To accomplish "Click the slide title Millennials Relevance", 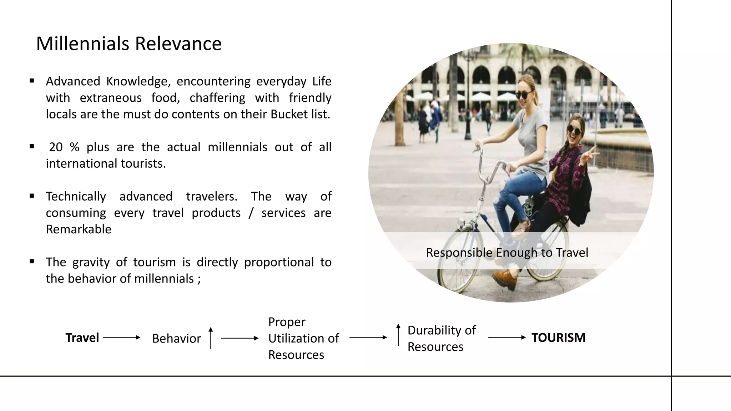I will (129, 44).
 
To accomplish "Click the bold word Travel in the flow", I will (82, 338).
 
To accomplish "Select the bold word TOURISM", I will (558, 338).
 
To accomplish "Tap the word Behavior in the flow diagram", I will (176, 339).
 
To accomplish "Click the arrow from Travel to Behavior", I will (121, 338).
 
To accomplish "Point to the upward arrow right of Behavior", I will (211, 338).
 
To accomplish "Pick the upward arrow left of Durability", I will (398, 335).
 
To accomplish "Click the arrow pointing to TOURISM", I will (507, 338).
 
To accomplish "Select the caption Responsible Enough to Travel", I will (507, 253).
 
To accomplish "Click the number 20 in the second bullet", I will (56, 147).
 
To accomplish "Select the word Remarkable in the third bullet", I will (79, 229).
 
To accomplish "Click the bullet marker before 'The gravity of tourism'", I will (32, 262).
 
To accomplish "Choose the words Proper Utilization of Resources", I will (303, 338).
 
